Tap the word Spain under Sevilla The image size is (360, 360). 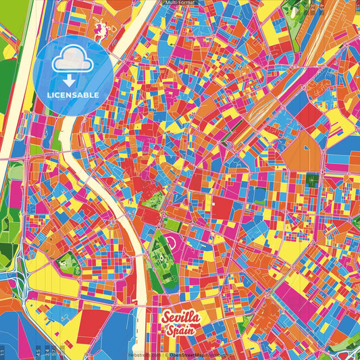point(179,331)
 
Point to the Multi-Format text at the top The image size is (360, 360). point(180,3)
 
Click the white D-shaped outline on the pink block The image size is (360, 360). point(173,242)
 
